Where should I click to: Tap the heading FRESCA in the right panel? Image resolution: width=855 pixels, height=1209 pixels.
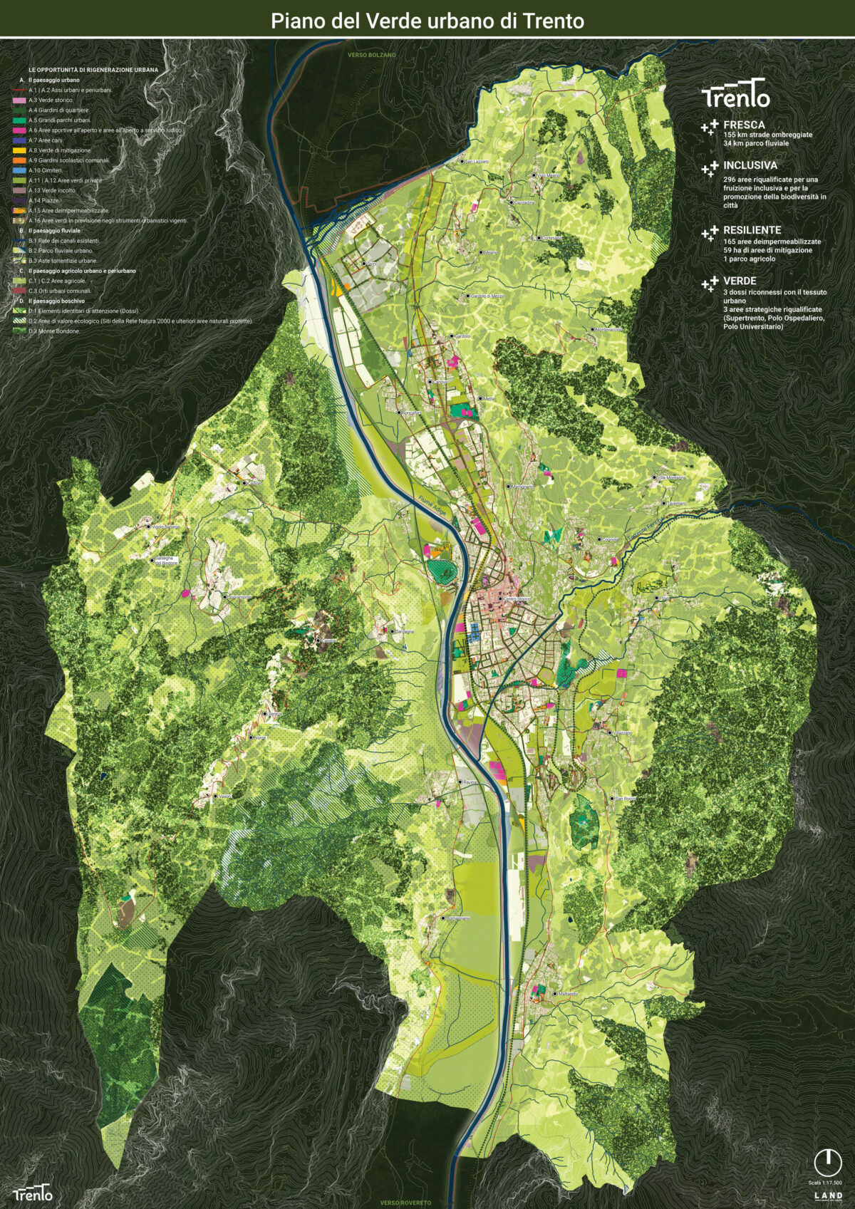tap(744, 125)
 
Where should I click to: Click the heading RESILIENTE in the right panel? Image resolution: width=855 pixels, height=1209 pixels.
tap(752, 230)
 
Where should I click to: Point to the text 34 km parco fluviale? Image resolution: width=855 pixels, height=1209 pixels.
tap(756, 143)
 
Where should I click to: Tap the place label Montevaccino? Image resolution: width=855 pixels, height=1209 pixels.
tap(608, 329)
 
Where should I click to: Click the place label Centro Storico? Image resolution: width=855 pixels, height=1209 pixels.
tap(517, 598)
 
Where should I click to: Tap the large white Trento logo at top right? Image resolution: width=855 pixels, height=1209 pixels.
tap(735, 95)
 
